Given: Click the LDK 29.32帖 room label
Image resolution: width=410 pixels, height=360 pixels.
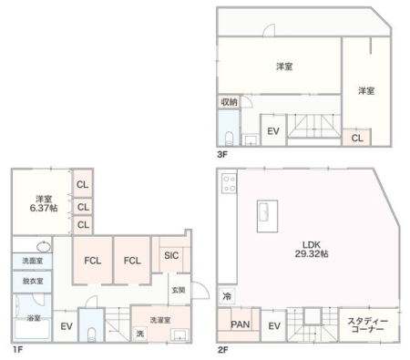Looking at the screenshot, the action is pyautogui.click(x=312, y=249).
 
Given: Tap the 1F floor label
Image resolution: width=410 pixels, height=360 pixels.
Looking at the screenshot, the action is pyautogui.click(x=17, y=350).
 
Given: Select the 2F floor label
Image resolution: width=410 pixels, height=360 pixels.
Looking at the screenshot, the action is pyautogui.click(x=223, y=350).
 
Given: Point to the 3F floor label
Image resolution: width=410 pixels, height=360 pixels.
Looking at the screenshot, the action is pyautogui.click(x=222, y=154).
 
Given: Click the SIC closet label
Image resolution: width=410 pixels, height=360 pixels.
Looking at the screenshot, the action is pyautogui.click(x=171, y=255).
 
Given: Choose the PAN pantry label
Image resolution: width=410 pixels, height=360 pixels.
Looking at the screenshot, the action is pyautogui.click(x=241, y=324).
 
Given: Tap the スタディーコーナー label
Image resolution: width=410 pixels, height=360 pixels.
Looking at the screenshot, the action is pyautogui.click(x=367, y=325).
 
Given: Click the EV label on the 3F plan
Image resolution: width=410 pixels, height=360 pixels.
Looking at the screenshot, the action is pyautogui.click(x=273, y=131).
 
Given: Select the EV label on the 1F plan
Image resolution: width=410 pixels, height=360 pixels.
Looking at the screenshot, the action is pyautogui.click(x=67, y=326).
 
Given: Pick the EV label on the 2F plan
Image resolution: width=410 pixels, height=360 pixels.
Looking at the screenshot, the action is pyautogui.click(x=274, y=326).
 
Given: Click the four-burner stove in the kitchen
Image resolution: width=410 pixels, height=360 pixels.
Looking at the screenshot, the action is pyautogui.click(x=229, y=183).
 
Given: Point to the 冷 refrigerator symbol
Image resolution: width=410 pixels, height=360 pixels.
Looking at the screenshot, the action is pyautogui.click(x=227, y=296).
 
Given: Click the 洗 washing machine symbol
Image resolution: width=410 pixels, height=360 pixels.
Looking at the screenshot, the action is pyautogui.click(x=140, y=334).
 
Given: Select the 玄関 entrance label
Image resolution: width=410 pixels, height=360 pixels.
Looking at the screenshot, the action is pyautogui.click(x=179, y=290).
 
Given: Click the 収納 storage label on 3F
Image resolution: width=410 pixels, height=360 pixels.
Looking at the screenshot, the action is pyautogui.click(x=229, y=102).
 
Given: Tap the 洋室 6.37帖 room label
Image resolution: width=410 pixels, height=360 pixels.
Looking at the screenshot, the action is pyautogui.click(x=44, y=203).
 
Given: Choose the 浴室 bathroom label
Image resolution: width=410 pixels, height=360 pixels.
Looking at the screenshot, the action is pyautogui.click(x=34, y=318).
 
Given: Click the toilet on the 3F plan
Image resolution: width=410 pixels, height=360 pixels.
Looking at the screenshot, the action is pyautogui.click(x=229, y=138).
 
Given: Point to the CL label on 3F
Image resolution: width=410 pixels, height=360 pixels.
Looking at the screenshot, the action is pyautogui.click(x=357, y=139).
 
